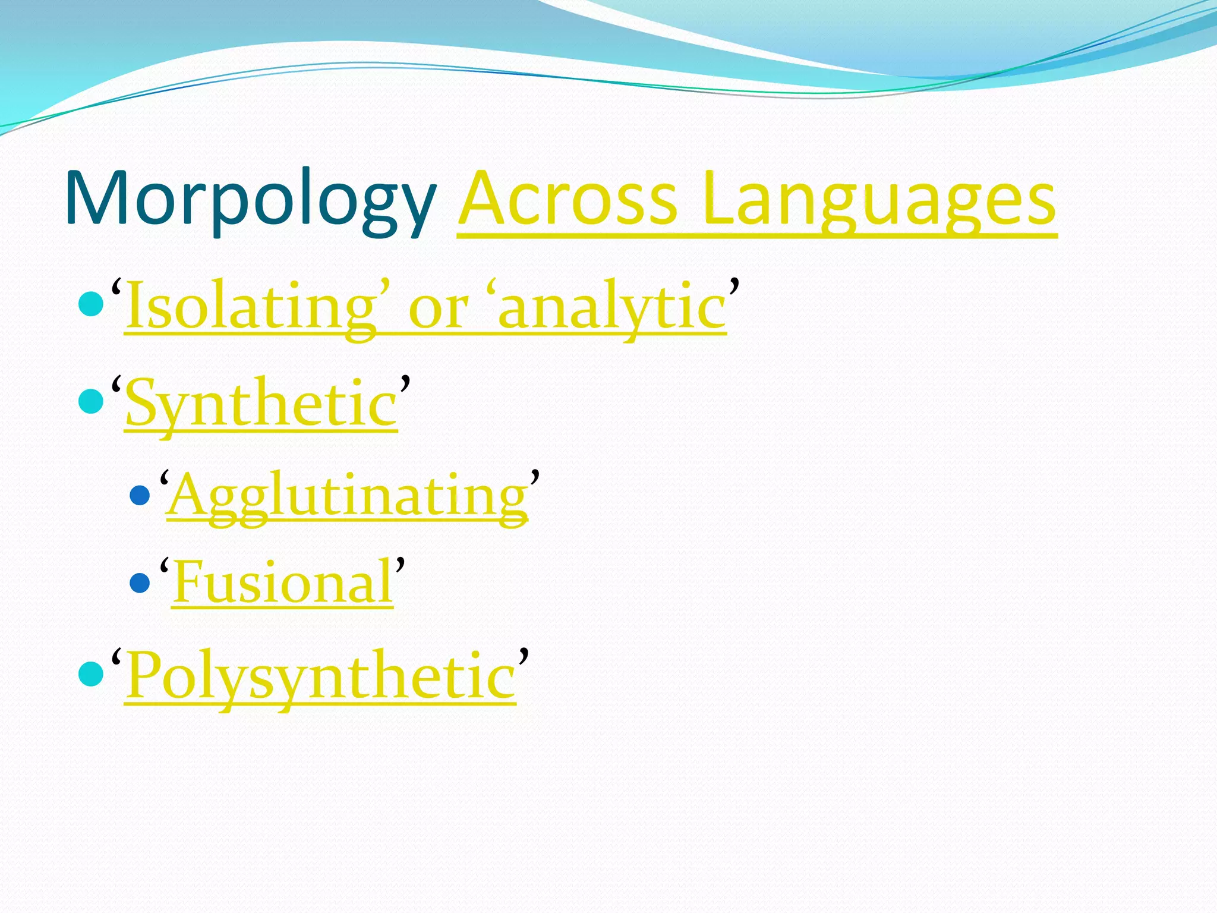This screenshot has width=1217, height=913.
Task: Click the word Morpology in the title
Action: pyautogui.click(x=250, y=199)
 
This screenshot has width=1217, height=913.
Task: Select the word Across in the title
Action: pyautogui.click(x=567, y=199)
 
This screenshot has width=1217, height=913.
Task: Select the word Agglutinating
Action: pyautogui.click(x=347, y=496)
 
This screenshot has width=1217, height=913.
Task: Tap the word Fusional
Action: pyautogui.click(x=283, y=583)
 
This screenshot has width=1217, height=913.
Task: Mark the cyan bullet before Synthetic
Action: pyautogui.click(x=91, y=401)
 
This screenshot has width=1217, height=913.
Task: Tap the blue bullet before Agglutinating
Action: pyautogui.click(x=140, y=495)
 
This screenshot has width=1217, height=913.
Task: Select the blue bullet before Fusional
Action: pyautogui.click(x=140, y=583)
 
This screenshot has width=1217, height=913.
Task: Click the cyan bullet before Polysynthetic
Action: pyautogui.click(x=91, y=674)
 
